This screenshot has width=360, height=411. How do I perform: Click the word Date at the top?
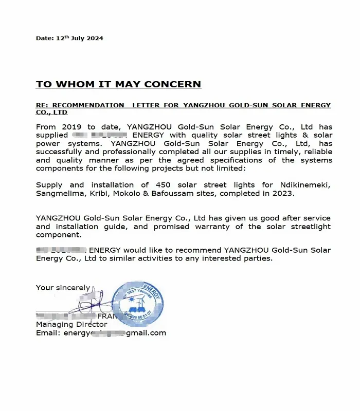click(44, 38)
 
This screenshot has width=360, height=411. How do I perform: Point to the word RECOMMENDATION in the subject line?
click(88, 105)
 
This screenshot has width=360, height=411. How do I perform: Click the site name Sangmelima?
click(60, 193)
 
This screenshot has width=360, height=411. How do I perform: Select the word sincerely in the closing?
click(73, 288)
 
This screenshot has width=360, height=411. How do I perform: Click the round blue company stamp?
click(138, 304)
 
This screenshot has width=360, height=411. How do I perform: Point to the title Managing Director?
click(71, 324)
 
